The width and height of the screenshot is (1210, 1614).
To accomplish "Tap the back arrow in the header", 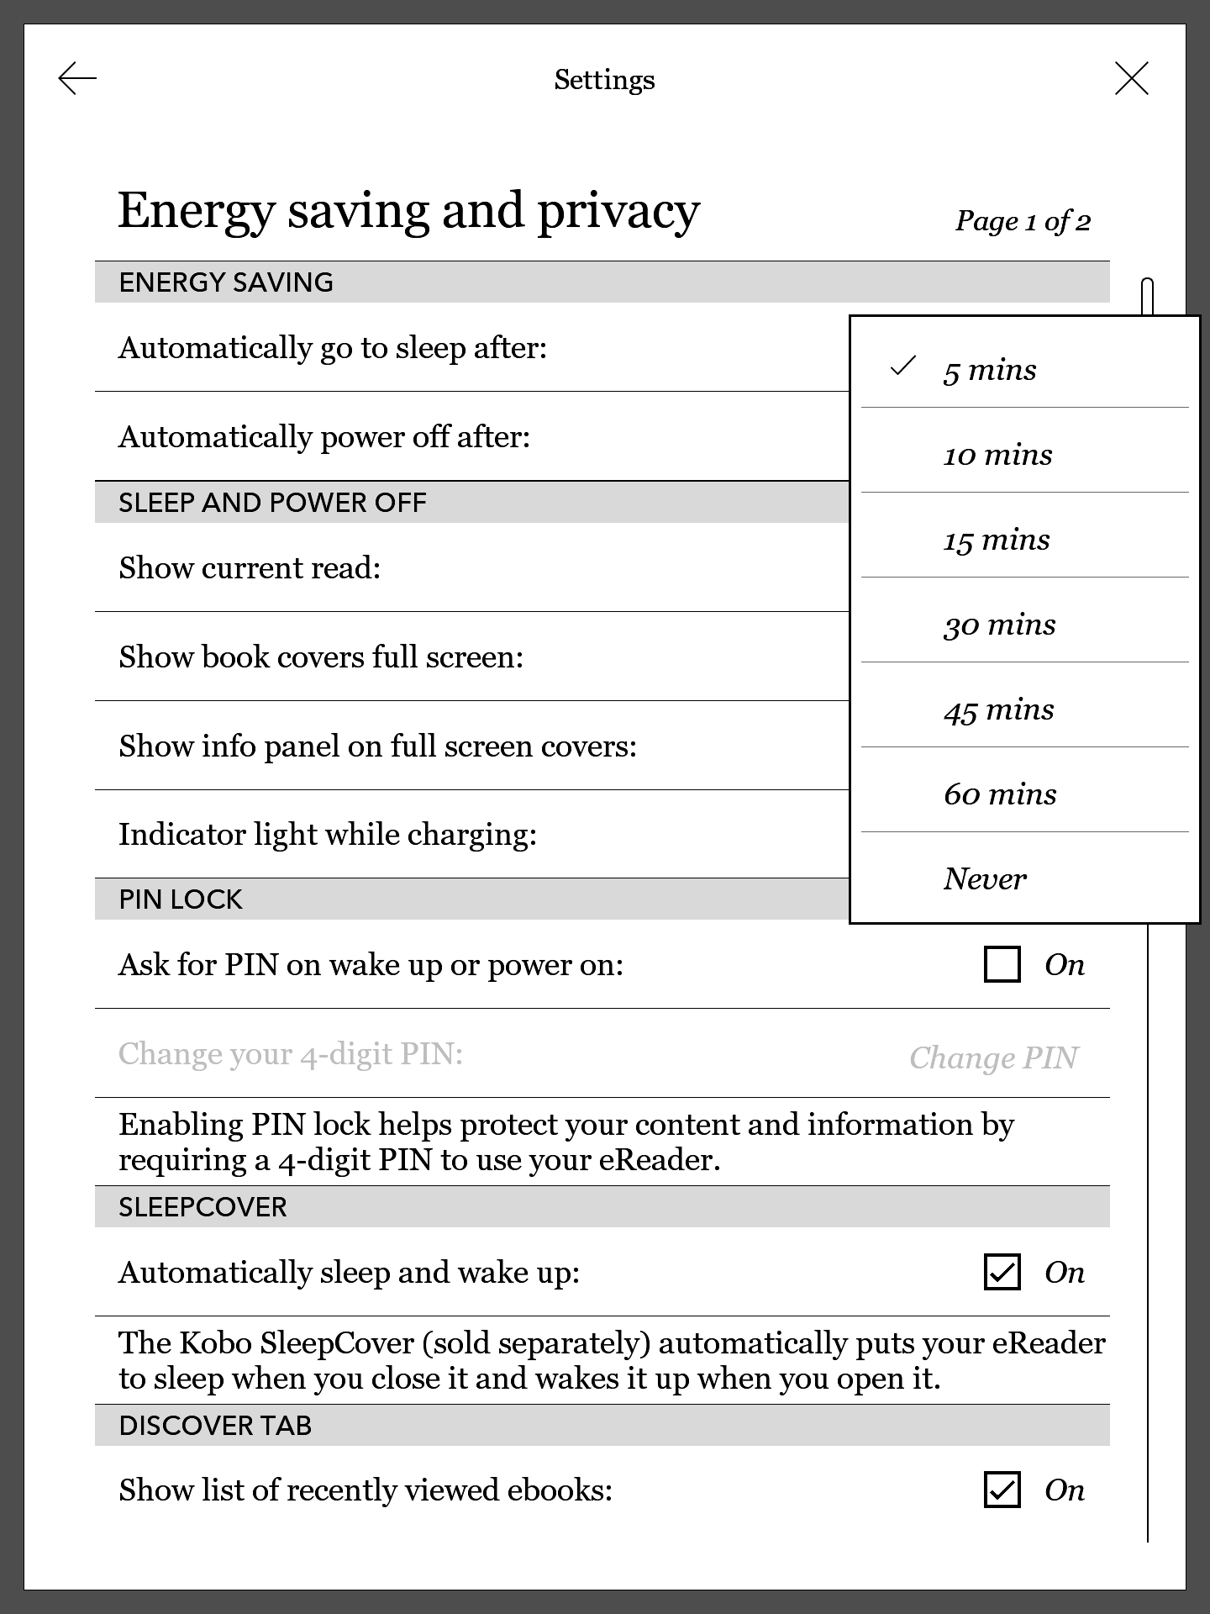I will click(x=77, y=79).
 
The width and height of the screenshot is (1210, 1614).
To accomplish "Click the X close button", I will click(x=1131, y=79).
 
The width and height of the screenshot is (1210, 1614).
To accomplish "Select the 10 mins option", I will click(x=997, y=455).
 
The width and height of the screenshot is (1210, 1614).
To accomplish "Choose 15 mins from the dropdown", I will click(x=997, y=540).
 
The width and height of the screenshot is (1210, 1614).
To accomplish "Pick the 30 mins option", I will click(x=999, y=625).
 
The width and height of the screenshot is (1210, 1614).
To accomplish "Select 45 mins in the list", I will click(x=998, y=709).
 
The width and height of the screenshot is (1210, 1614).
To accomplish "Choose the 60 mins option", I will click(x=1000, y=794).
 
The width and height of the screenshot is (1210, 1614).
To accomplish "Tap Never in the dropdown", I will click(x=985, y=879).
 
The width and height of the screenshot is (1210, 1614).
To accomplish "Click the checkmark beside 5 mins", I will click(x=902, y=367).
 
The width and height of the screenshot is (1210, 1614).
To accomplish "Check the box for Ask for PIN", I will click(x=1002, y=964).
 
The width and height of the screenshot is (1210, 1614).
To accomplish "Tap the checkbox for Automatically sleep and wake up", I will click(x=1002, y=1272).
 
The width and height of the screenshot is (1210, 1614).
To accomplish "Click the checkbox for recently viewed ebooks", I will click(x=1002, y=1490).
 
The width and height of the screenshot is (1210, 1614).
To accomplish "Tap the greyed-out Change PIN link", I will click(x=993, y=1058).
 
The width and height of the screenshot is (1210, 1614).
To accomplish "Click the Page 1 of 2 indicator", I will click(x=1023, y=221).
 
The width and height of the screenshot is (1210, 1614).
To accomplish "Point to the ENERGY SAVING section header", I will click(x=226, y=282).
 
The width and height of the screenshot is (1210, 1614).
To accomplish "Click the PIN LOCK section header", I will click(x=181, y=899).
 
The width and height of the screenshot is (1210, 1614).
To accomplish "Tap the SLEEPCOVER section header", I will click(x=203, y=1207).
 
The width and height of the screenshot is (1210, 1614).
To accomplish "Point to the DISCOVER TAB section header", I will click(x=215, y=1426).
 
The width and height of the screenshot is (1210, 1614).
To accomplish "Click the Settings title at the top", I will click(x=604, y=80).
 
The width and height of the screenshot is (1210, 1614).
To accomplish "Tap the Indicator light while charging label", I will click(x=328, y=835).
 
